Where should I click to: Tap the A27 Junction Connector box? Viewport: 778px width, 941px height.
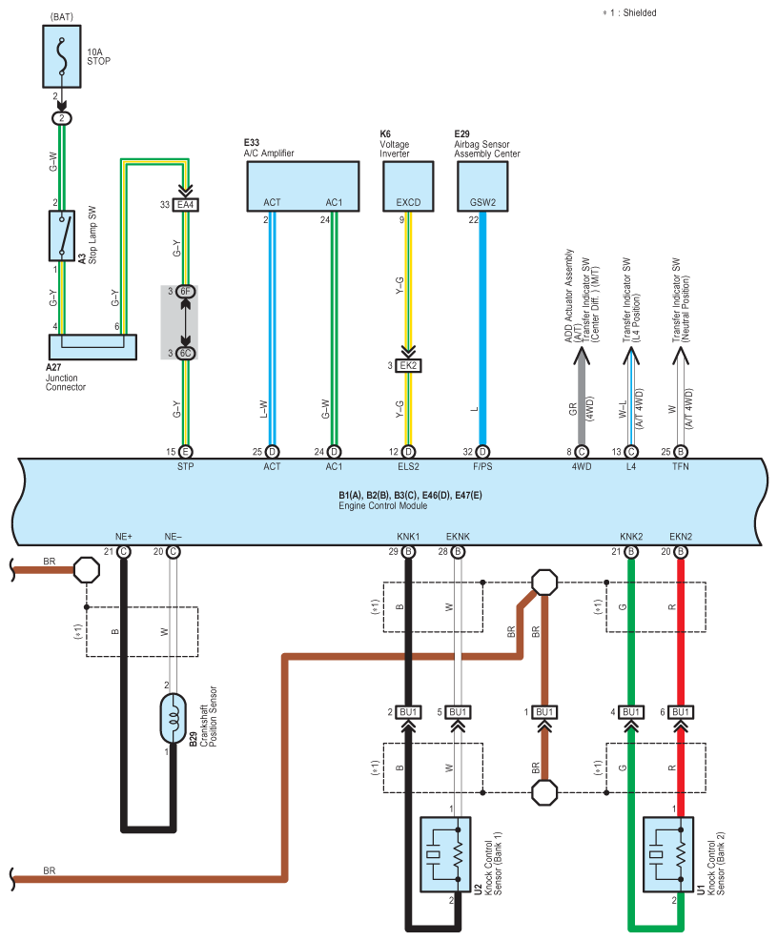point(92,346)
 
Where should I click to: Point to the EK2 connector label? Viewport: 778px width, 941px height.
point(409,366)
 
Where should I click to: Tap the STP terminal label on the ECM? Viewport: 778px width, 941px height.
point(185,467)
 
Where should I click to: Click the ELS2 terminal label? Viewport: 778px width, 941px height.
point(408,467)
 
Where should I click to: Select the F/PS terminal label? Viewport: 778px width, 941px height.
point(482,467)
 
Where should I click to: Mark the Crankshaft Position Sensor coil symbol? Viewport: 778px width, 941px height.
point(173,716)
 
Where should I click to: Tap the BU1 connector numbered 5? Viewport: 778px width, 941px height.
point(458,712)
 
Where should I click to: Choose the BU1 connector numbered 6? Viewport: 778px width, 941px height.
point(681,712)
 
